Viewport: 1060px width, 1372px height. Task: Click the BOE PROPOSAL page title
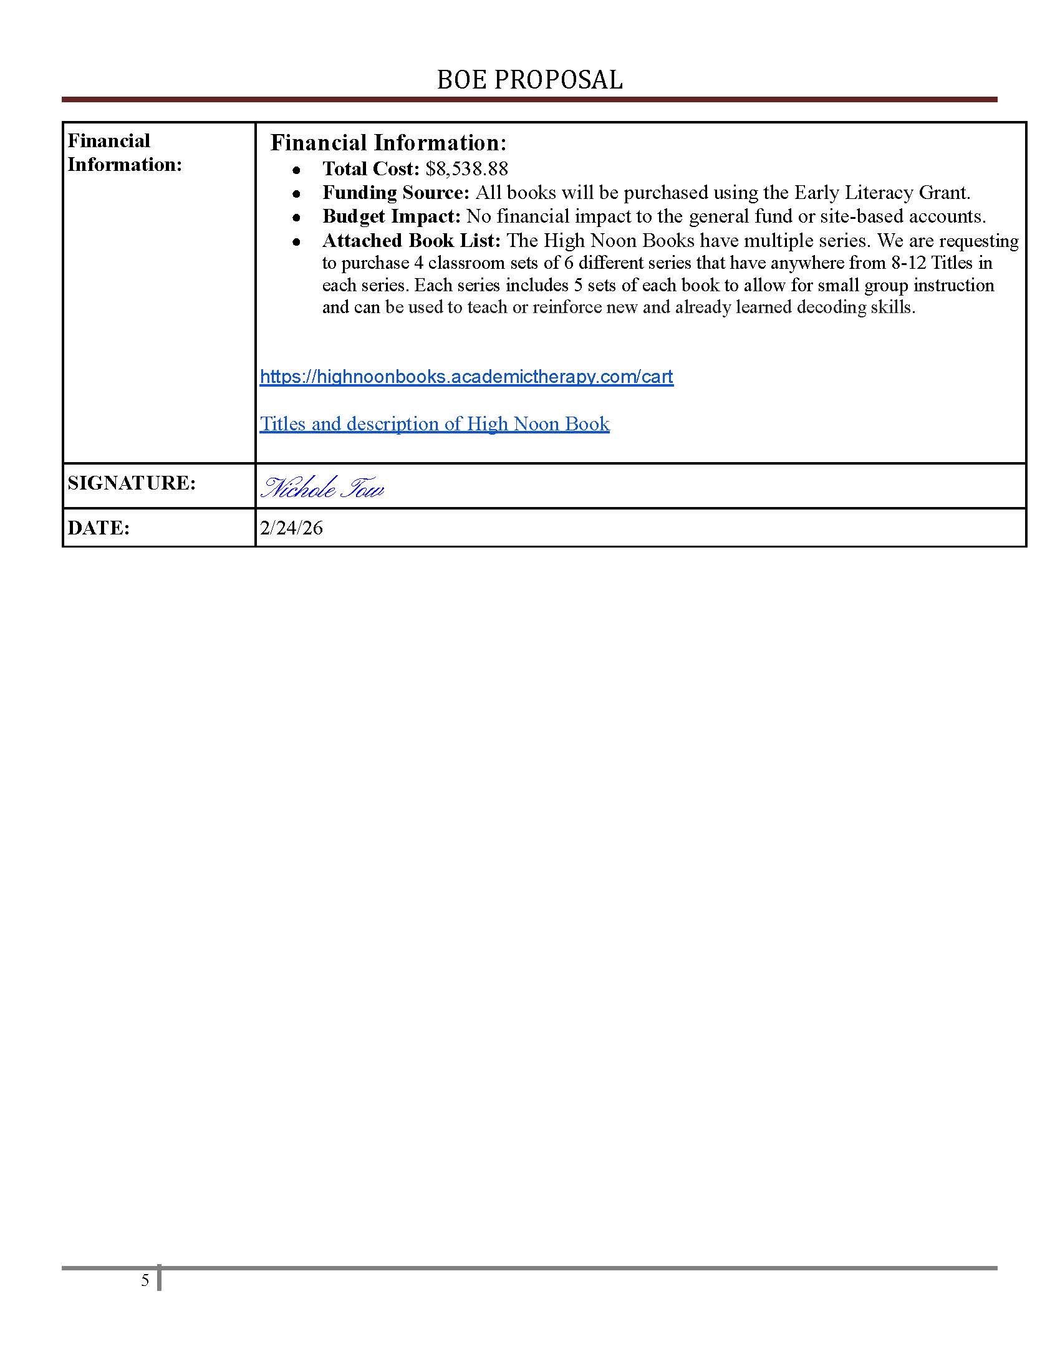529,80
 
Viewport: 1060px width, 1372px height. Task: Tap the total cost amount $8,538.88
466,168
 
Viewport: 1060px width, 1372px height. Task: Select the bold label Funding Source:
395,192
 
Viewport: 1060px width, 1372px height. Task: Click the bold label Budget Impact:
391,216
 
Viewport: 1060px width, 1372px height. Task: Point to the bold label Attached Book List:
412,241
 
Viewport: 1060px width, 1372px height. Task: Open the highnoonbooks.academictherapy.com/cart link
466,376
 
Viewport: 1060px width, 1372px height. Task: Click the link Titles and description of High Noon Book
435,423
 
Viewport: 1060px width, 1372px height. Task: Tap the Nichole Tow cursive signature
322,488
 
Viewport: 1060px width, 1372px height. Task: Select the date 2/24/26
291,528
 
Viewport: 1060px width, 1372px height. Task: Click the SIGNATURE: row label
132,483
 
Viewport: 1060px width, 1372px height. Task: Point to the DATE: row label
99,528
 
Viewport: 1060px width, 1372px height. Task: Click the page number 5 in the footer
145,1280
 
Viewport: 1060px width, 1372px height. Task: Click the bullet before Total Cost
296,170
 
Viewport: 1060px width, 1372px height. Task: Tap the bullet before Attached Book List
296,242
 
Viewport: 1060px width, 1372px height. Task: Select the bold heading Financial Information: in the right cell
388,143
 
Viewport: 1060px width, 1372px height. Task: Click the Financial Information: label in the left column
124,153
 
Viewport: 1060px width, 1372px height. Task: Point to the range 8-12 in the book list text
908,263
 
